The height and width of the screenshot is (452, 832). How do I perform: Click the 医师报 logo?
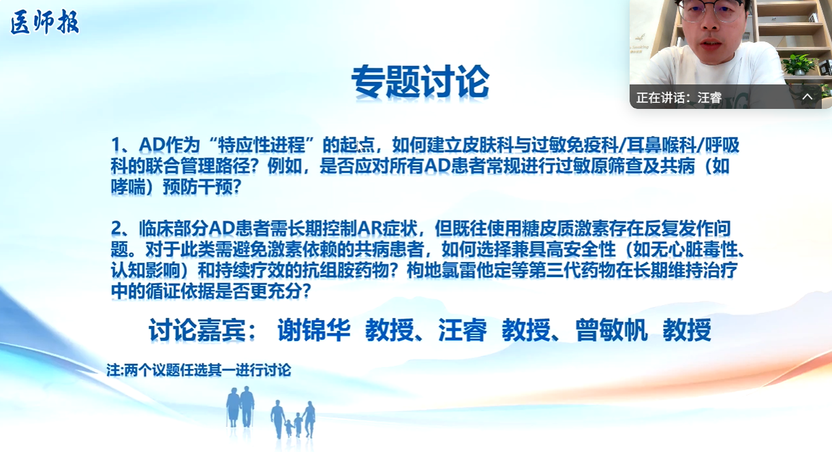pos(44,22)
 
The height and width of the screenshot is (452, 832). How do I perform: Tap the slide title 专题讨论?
pos(420,82)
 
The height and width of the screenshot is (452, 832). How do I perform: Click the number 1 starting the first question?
pos(117,145)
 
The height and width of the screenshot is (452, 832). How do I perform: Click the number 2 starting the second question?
pos(117,228)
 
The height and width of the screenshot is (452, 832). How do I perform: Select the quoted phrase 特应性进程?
pos(261,145)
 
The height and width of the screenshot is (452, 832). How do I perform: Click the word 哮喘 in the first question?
pos(128,187)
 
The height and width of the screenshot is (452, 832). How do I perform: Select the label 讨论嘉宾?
pos(197,330)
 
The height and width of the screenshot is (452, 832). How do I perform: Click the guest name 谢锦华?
pos(314,330)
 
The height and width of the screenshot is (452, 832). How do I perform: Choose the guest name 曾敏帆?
pos(612,330)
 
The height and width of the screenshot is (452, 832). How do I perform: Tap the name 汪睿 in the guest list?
pos(463,330)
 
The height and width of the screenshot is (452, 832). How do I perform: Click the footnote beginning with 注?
pos(199,370)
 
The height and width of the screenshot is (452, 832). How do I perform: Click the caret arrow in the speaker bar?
pos(807,97)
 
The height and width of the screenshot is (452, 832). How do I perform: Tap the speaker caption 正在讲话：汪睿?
pos(679,97)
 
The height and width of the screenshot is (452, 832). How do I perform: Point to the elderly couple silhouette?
pos(241,406)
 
